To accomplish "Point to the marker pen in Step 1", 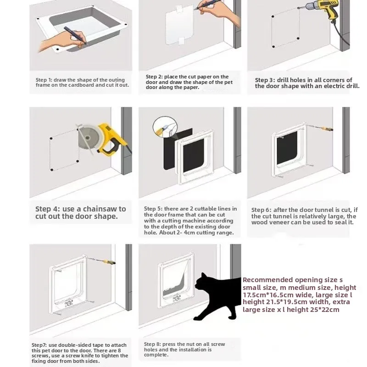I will (73, 35).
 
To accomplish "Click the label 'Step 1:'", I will (45, 80).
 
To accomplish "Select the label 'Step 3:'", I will (265, 80).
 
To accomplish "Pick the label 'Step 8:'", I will (154, 344).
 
